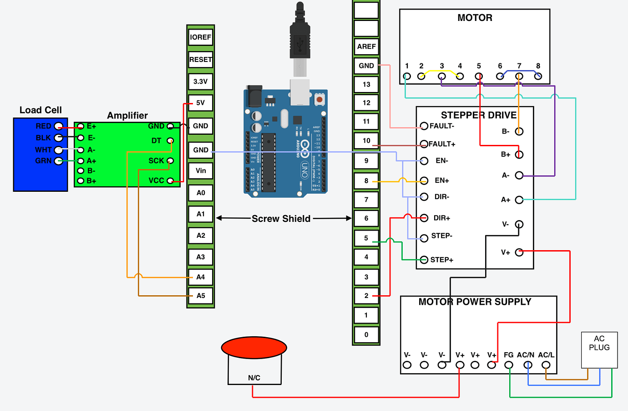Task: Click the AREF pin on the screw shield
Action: pyautogui.click(x=366, y=46)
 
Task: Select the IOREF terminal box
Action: pyautogui.click(x=201, y=37)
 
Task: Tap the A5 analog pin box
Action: pyautogui.click(x=201, y=296)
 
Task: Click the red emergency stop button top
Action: pyautogui.click(x=254, y=348)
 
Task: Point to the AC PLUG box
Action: pyautogui.click(x=599, y=349)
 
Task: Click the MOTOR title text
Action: pyautogui.click(x=475, y=18)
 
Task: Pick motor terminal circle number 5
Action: pyautogui.click(x=479, y=76)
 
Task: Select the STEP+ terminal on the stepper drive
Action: pyautogui.click(x=424, y=260)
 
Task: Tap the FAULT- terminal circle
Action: pyautogui.click(x=424, y=126)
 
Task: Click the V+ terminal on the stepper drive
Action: pyautogui.click(x=519, y=252)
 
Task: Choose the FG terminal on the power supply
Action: pyautogui.click(x=509, y=365)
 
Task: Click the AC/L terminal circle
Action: pyautogui.click(x=546, y=365)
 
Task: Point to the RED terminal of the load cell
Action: pyautogui.click(x=58, y=126)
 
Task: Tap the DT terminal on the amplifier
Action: pyautogui.click(x=170, y=140)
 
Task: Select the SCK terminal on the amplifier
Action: pyautogui.click(x=170, y=160)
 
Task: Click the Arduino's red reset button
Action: pyautogui.click(x=319, y=99)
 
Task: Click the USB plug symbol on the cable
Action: pyautogui.click(x=299, y=44)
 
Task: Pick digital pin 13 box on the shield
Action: pyautogui.click(x=366, y=84)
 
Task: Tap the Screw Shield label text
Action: pyautogui.click(x=281, y=219)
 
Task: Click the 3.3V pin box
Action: pyautogui.click(x=201, y=82)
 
